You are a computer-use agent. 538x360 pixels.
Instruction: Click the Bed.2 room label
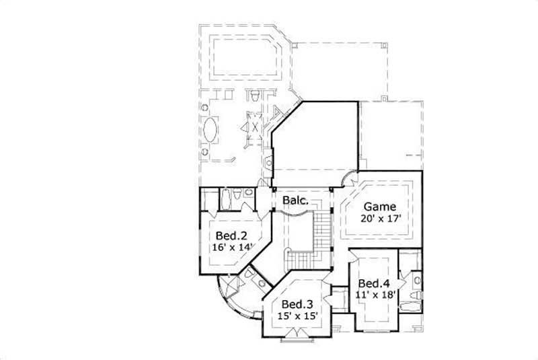click(x=228, y=236)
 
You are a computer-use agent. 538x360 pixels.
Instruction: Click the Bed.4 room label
click(x=371, y=283)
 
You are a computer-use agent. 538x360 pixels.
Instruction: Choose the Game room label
click(x=380, y=207)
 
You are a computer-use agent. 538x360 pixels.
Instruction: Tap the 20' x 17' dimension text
click(x=380, y=219)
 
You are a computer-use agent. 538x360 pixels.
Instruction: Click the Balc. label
click(x=295, y=201)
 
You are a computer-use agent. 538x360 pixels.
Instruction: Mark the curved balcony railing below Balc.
click(x=295, y=213)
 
